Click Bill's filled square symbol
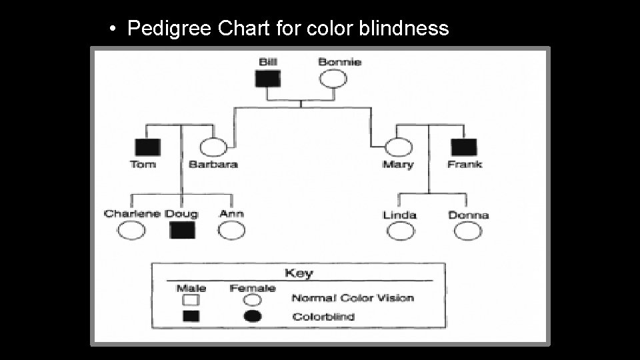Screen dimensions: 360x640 268,79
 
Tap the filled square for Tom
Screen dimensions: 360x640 144,147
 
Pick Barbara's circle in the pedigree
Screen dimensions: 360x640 212,147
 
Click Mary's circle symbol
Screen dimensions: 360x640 398,147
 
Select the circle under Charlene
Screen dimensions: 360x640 131,231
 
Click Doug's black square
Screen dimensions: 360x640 182,231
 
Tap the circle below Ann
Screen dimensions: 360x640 231,231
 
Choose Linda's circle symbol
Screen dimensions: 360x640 400,231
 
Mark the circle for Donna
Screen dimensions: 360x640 467,231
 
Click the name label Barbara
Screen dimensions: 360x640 213,164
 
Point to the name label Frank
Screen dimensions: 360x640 465,164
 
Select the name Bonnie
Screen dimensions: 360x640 339,62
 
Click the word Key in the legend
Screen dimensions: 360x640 299,273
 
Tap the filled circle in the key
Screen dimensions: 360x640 252,316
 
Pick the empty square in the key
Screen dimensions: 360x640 191,299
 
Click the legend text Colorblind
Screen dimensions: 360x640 323,316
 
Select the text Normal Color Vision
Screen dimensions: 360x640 353,298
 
